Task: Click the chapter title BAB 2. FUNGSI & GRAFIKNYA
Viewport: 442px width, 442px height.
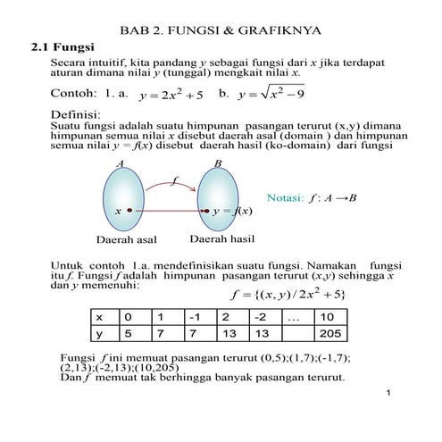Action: point(221,30)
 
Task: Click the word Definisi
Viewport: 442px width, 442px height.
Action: point(75,115)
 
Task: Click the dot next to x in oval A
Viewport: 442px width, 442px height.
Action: point(129,211)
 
